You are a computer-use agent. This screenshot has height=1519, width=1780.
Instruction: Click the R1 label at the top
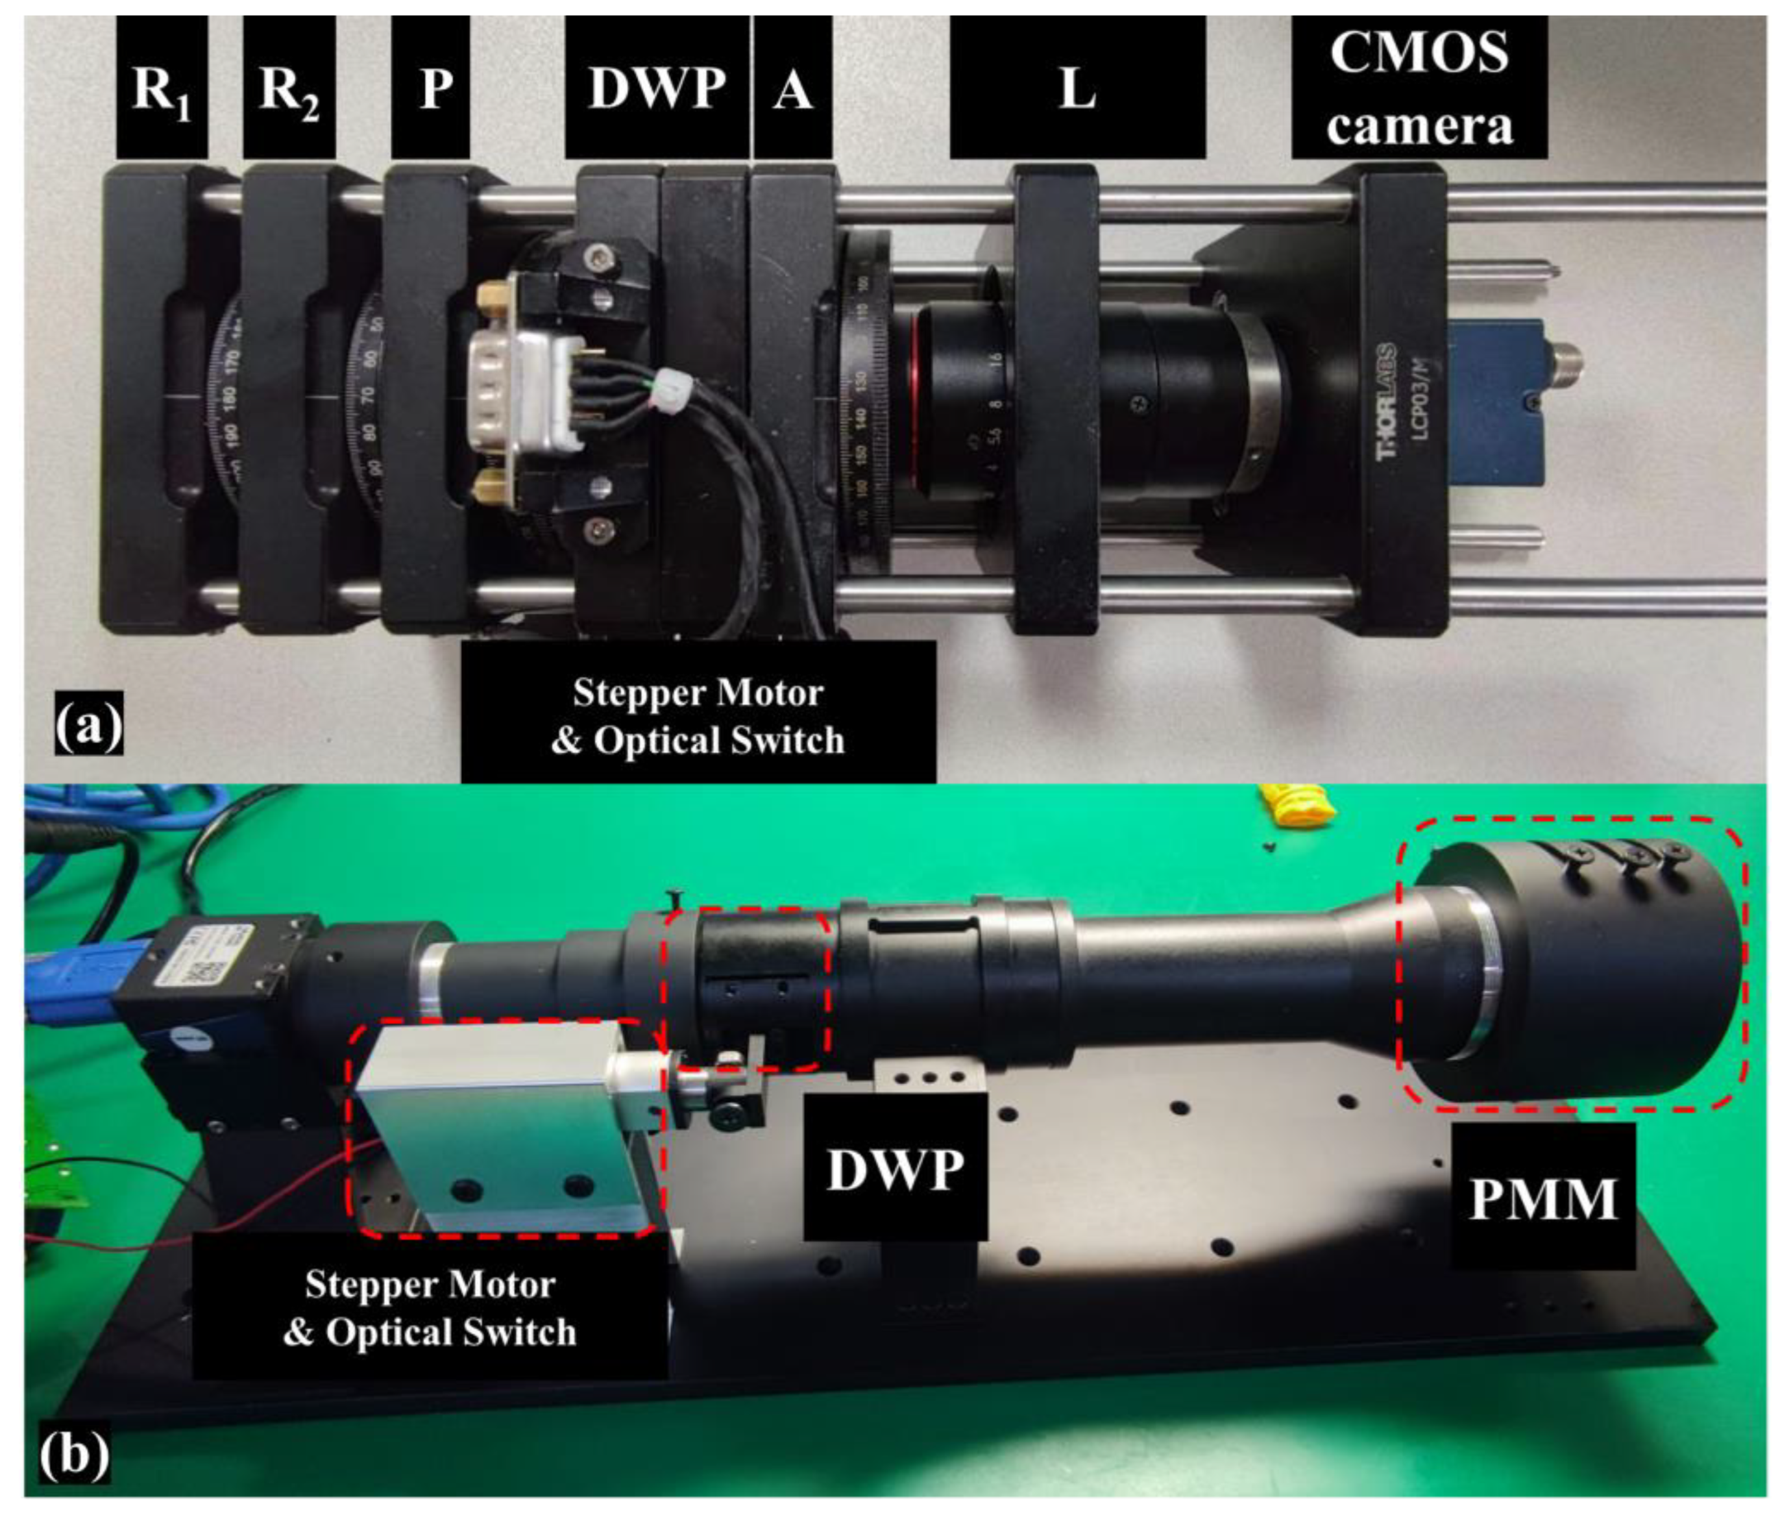click(162, 88)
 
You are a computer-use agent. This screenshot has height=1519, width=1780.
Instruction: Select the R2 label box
click(289, 88)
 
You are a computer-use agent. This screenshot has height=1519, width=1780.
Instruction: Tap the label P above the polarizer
click(430, 88)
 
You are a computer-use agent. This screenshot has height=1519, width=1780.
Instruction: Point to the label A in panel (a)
click(792, 88)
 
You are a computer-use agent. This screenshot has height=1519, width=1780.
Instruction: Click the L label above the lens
click(1077, 88)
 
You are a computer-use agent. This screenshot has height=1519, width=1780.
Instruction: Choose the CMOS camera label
click(1419, 88)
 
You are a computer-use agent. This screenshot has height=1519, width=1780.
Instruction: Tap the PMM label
click(1543, 1198)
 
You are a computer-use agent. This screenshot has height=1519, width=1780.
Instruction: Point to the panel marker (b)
click(75, 1455)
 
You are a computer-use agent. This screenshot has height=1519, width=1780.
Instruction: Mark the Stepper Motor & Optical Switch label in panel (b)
click(430, 1307)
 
